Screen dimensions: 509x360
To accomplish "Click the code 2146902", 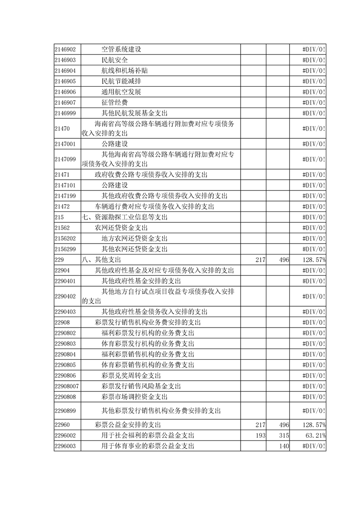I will point(64,49).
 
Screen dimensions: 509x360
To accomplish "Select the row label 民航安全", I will point(115,60).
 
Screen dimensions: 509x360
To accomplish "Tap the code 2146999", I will point(64,113).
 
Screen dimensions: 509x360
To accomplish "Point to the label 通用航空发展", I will point(121,92).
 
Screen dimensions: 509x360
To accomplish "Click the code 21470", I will point(62,128).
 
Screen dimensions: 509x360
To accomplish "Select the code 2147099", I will point(64,159).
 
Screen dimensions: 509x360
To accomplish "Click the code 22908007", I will point(66,386).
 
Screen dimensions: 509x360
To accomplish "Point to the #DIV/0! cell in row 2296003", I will point(314,446).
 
